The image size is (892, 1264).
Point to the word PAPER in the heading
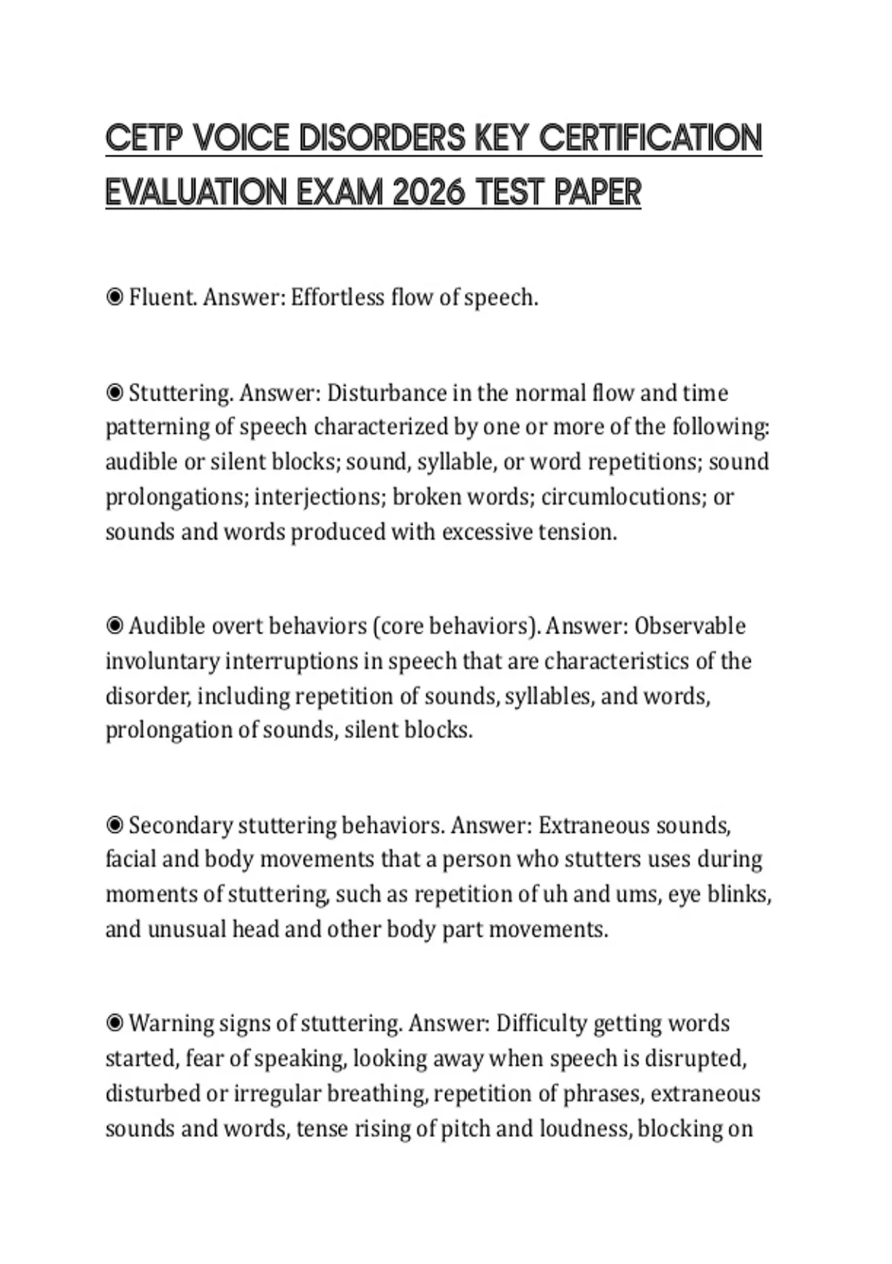pyautogui.click(x=598, y=193)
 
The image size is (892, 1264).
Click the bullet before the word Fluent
pyautogui.click(x=114, y=298)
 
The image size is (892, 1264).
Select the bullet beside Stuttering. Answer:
pyautogui.click(x=114, y=393)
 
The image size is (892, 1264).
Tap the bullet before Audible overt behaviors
pyautogui.click(x=114, y=626)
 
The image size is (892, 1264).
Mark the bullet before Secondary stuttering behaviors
pyautogui.click(x=114, y=825)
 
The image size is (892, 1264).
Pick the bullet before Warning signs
pyautogui.click(x=114, y=1024)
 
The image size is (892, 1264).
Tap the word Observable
pyautogui.click(x=690, y=626)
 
